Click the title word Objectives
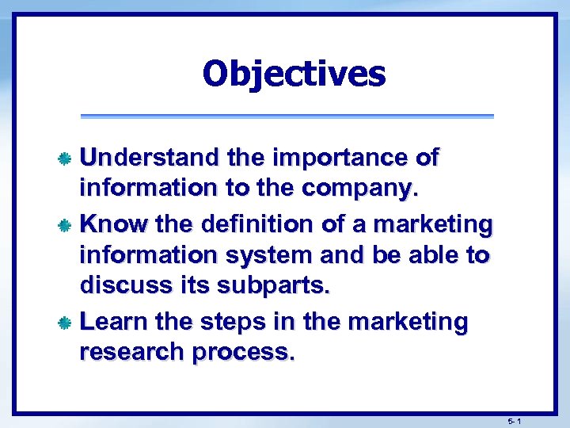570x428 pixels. click(x=294, y=75)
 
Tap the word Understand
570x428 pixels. click(x=150, y=158)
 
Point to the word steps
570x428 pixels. click(x=226, y=322)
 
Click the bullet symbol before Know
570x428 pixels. click(x=69, y=226)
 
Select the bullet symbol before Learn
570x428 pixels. click(x=69, y=323)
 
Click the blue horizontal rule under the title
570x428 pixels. click(x=287, y=116)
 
